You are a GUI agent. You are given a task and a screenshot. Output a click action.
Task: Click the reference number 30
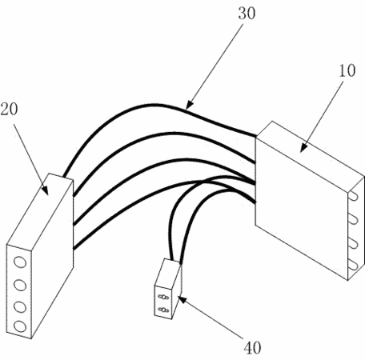pos(247,14)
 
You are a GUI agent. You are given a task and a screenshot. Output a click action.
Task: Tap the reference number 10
pos(347,70)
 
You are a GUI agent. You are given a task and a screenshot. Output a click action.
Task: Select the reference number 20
pos(9,109)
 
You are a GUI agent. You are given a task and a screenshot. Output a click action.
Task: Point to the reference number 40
pos(252,347)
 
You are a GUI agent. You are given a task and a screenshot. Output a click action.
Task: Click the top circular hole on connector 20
pos(20,262)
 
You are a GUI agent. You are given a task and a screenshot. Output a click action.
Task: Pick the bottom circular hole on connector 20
pos(20,326)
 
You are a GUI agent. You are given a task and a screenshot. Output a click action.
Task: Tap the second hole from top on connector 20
pos(20,285)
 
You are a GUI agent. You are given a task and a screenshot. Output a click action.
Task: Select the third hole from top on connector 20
pos(20,307)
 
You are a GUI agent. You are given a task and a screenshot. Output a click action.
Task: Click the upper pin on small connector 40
pos(163,297)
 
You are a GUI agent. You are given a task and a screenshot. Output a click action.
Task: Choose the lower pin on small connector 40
pos(163,310)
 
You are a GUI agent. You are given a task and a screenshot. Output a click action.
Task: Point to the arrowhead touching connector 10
pos(303,148)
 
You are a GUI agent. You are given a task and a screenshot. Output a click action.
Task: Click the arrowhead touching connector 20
pos(45,190)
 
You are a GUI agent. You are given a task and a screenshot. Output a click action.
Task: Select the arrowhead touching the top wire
pos(189,105)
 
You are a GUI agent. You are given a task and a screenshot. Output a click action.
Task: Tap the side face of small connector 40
pos(176,290)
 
